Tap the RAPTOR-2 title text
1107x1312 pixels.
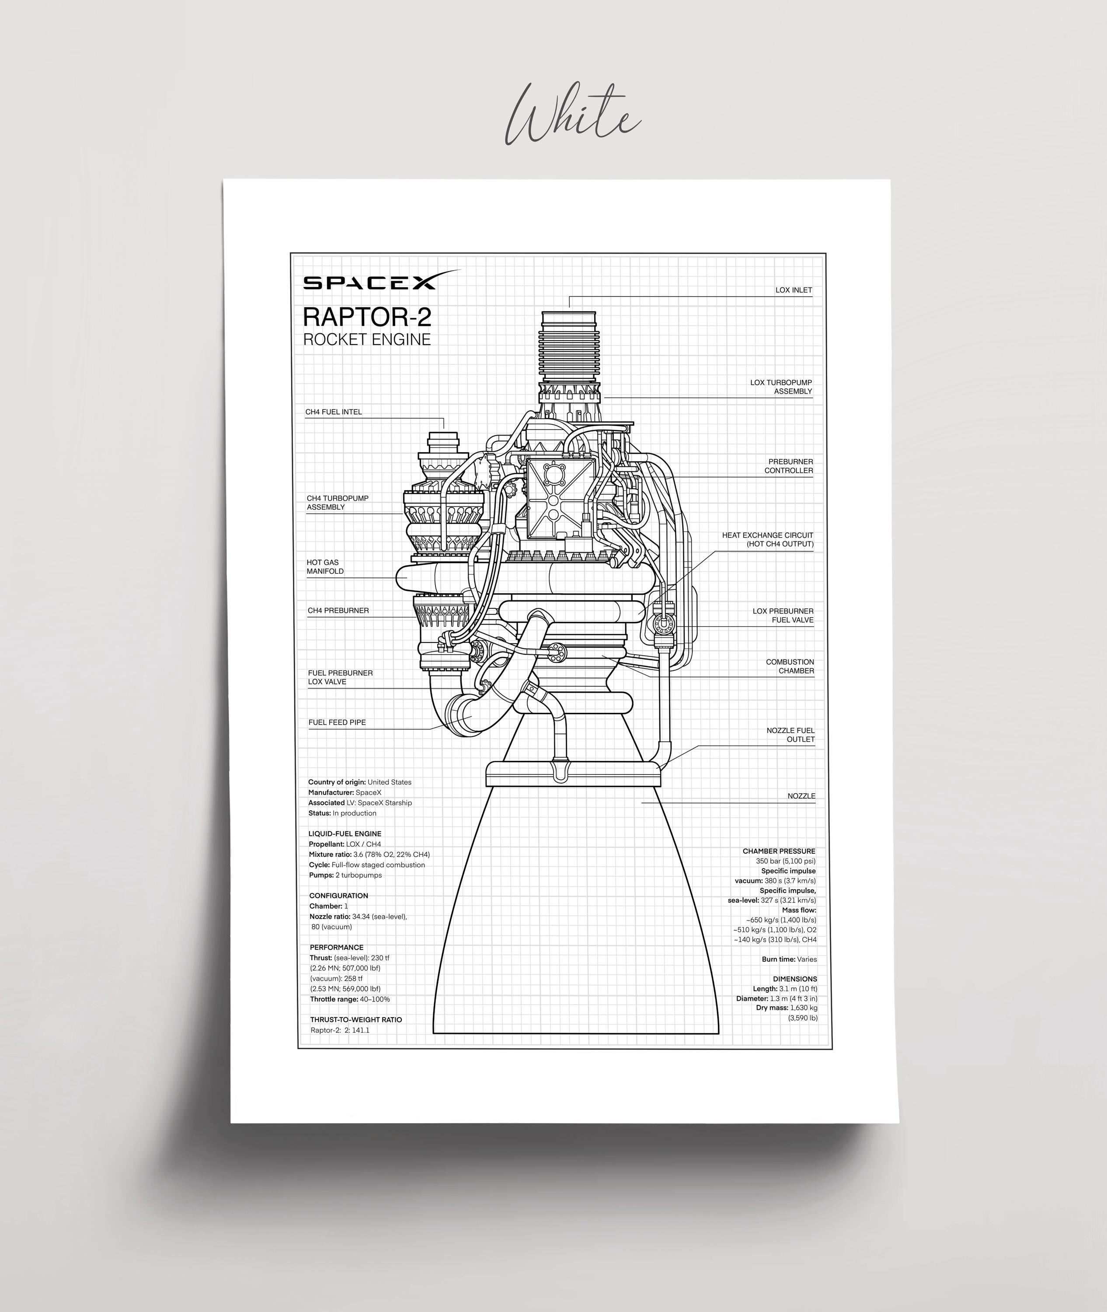[367, 317]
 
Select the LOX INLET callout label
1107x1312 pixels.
[794, 290]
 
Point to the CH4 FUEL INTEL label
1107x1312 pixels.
[334, 412]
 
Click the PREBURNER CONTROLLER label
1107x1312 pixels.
[789, 466]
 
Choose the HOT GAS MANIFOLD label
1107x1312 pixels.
[325, 567]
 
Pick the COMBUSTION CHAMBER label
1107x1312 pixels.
[790, 666]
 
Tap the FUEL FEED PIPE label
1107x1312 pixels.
[337, 722]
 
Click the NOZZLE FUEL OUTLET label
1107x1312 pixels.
[791, 734]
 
